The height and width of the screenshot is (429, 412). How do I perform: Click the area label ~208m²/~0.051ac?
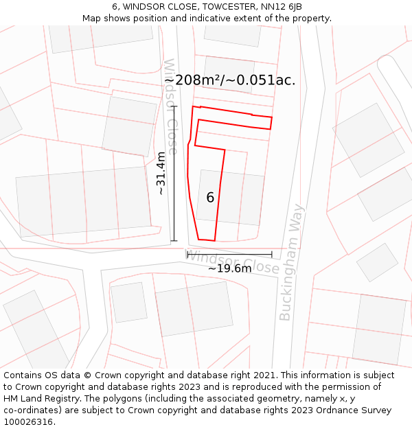tap(230, 80)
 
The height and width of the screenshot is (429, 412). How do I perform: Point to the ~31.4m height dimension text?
tap(161, 174)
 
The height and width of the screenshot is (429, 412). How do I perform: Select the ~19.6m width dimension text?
tap(229, 268)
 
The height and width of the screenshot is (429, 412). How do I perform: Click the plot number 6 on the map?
tap(210, 198)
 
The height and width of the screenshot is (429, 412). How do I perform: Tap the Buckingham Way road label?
tap(291, 262)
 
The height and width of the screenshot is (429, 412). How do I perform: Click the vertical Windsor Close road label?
tap(170, 106)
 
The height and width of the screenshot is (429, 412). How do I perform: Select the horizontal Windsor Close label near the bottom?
tap(233, 262)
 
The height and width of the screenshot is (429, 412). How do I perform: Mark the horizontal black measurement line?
tap(229, 255)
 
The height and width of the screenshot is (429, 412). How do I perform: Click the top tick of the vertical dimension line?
tap(174, 106)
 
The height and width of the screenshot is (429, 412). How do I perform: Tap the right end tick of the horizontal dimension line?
tap(272, 255)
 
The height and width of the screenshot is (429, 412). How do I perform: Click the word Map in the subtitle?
tap(92, 19)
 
